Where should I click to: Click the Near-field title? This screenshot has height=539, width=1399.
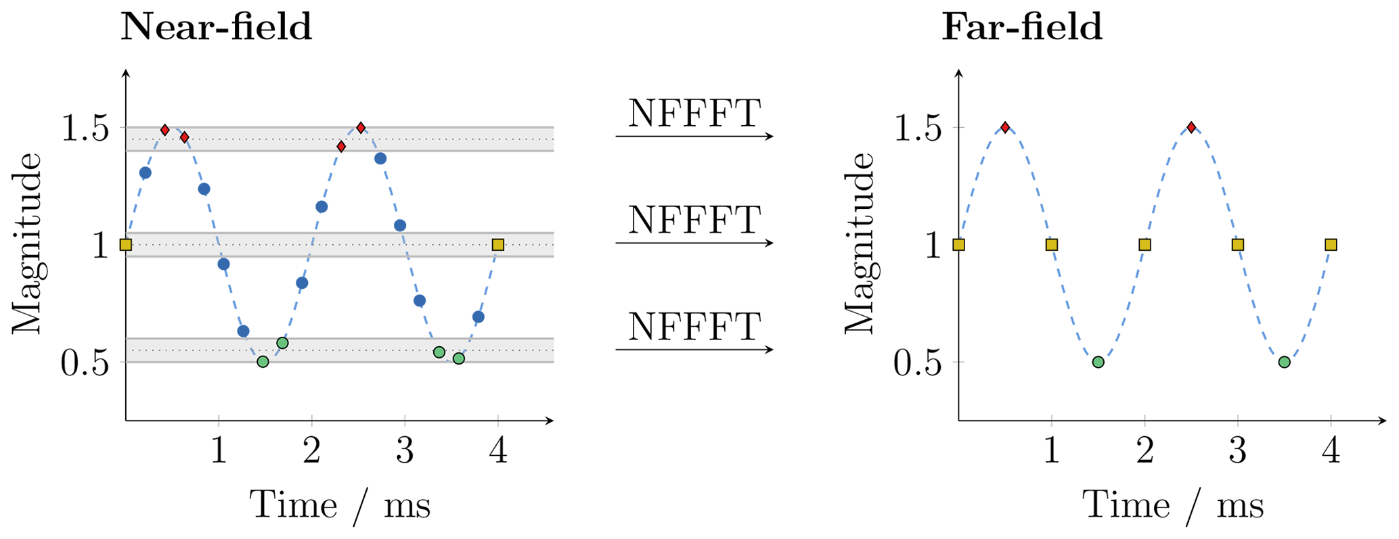point(216,28)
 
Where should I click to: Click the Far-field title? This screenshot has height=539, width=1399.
point(1022,28)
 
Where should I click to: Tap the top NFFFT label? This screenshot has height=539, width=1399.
point(694,113)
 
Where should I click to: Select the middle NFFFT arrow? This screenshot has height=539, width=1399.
point(694,243)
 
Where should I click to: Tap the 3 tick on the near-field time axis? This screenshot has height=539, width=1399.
point(405,450)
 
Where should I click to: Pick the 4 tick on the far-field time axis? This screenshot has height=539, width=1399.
point(1331,450)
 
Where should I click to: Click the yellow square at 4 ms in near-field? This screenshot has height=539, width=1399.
point(498,245)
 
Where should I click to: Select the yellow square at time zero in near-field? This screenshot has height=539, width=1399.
point(126,245)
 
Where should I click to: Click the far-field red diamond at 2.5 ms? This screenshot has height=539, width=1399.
point(1191,127)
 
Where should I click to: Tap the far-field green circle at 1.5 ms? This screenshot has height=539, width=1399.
point(1098,362)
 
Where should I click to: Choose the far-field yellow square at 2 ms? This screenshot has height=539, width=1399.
point(1145,245)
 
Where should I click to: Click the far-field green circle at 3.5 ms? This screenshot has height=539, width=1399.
point(1284,362)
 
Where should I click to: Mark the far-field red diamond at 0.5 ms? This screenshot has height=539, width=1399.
point(1005,127)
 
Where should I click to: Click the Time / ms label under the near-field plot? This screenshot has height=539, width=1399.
point(340,505)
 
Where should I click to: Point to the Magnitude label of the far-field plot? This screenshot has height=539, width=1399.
point(860,243)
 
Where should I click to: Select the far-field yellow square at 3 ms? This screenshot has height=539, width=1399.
point(1237,245)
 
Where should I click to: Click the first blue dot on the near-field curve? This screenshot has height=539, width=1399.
point(145,173)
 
